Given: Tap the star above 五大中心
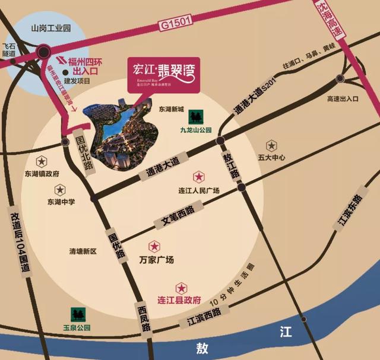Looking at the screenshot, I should coord(271,145).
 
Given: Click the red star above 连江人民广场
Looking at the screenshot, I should coord(199,177).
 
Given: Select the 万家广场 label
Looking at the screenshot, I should coord(156,260).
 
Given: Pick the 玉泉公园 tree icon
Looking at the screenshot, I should coord(77,314).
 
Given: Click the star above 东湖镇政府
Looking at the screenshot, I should coord(42,161).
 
